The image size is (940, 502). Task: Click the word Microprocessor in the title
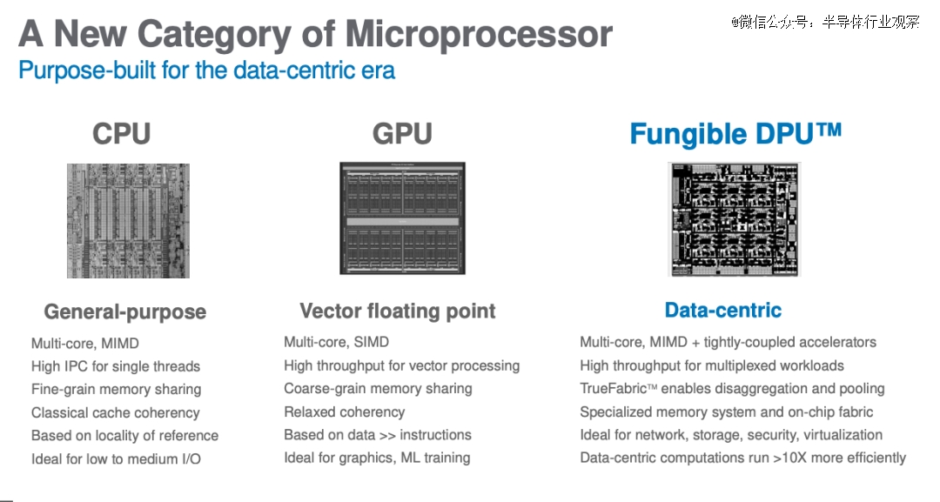(479, 34)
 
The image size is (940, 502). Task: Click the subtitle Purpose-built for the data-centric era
(207, 70)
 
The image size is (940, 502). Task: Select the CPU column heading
(122, 134)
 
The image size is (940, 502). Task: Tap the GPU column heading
(402, 134)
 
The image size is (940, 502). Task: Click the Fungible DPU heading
(735, 134)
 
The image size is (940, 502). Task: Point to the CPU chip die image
(128, 220)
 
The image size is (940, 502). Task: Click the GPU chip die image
(402, 218)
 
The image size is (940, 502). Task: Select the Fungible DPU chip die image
(734, 219)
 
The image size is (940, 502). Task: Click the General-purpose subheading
(125, 312)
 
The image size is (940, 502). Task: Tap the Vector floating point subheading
(398, 311)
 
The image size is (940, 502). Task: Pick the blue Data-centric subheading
(723, 310)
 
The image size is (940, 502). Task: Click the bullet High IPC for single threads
(116, 366)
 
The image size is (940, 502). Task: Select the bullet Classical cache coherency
(115, 412)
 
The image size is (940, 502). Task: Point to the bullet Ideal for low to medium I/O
(116, 458)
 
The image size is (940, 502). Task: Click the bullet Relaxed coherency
(344, 412)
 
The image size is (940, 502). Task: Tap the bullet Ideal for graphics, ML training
(377, 458)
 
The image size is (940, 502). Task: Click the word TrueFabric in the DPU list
(614, 388)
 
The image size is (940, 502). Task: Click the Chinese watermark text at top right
(825, 22)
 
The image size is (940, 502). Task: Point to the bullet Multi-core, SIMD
(336, 342)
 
